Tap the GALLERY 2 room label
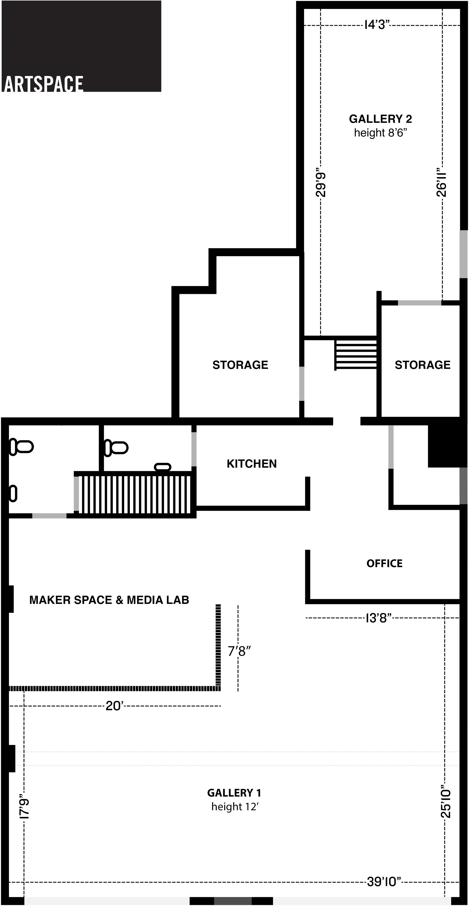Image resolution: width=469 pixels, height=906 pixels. (380, 119)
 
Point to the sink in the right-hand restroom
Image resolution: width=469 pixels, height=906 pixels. (163, 467)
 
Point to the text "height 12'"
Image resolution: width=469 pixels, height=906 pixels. (235, 807)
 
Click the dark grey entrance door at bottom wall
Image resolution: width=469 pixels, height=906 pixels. (233, 901)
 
